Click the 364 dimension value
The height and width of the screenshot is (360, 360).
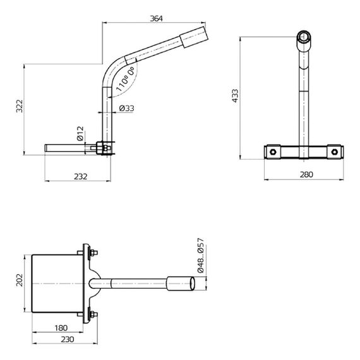(157, 18)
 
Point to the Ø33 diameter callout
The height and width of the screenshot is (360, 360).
(127, 109)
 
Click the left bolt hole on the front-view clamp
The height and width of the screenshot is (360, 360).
(273, 152)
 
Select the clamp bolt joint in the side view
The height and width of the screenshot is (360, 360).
(103, 150)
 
